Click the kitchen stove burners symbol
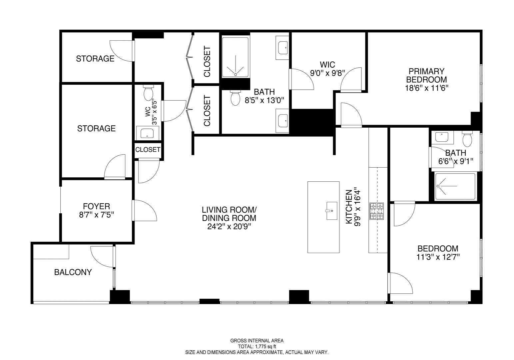[x=376, y=211]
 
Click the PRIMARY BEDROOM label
[x=426, y=76]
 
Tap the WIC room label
[x=327, y=64]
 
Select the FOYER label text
[x=96, y=207]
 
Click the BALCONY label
[x=73, y=272]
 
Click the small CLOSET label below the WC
[x=148, y=150]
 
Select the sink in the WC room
[x=147, y=133]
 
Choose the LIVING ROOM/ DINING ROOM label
[x=229, y=214]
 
